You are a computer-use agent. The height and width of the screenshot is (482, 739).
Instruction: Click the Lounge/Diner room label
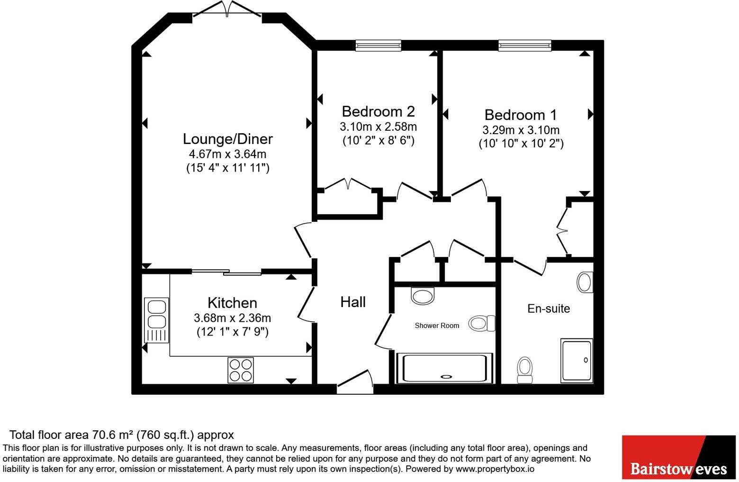(x=228, y=139)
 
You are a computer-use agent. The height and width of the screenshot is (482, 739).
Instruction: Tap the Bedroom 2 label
(x=378, y=111)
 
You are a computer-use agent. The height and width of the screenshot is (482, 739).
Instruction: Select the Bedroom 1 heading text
(x=521, y=115)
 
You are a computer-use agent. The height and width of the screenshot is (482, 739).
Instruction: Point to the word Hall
(x=352, y=302)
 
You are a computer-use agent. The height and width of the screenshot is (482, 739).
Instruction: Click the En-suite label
(x=548, y=309)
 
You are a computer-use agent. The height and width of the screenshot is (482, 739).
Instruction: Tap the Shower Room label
(x=437, y=326)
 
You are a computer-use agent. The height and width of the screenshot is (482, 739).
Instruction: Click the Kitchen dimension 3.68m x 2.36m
(x=232, y=318)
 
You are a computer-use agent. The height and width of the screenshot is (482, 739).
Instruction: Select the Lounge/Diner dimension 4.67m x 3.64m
(x=228, y=154)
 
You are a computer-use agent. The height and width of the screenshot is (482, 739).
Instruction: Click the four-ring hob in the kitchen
(x=241, y=371)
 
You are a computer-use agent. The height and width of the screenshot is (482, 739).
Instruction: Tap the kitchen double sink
(x=156, y=320)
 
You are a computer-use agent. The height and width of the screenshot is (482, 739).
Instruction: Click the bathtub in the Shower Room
(x=445, y=368)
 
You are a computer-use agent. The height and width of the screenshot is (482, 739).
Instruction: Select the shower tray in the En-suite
(x=577, y=361)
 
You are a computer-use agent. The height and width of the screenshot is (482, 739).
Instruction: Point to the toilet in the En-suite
(x=524, y=370)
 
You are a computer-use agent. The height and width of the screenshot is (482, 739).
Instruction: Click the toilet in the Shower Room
(x=482, y=323)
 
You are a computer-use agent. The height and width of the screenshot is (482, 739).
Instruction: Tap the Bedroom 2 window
(x=378, y=45)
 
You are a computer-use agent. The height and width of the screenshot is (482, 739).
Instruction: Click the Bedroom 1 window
(x=524, y=45)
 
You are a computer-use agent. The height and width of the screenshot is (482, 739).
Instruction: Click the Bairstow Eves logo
(x=679, y=457)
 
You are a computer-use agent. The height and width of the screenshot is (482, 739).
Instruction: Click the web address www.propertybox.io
(x=495, y=469)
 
